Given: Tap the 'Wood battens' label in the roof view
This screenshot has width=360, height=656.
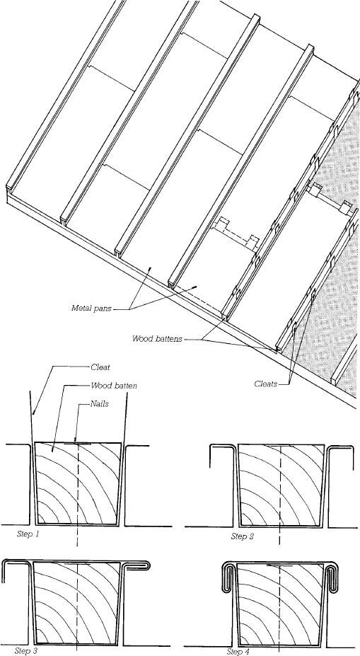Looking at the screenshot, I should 157,339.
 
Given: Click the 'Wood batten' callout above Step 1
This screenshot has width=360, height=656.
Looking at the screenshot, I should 115,386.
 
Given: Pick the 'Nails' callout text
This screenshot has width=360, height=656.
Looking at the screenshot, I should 103,403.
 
